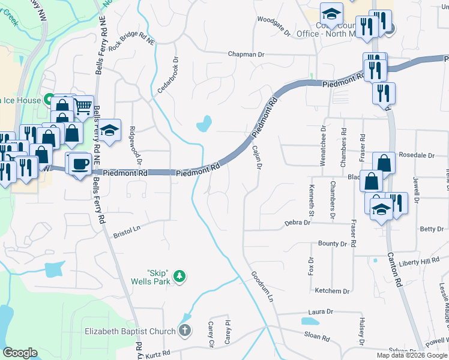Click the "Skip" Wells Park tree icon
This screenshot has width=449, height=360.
coord(179,277)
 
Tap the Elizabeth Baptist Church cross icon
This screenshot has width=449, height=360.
coord(185,331)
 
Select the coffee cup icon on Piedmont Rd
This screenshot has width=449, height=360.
coord(80,163)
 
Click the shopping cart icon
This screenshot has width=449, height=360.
coord(83,107)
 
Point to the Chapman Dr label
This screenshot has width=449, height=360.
coord(246,55)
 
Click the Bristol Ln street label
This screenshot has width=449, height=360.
coord(127,232)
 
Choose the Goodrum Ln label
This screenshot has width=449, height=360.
coord(262,287)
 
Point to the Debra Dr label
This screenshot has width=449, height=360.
coord(297,223)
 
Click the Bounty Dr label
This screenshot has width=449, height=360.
coord(333,244)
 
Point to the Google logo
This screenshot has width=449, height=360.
coord(20,353)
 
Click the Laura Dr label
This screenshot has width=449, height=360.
coord(321,312)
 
